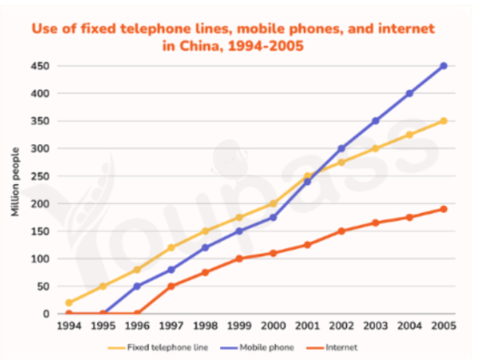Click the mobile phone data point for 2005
tap(444, 66)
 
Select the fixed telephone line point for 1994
tap(69, 302)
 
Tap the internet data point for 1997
tap(171, 286)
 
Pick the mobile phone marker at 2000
tap(273, 217)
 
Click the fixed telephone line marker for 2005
tap(444, 121)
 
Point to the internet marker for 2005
tap(444, 209)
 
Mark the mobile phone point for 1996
tap(137, 286)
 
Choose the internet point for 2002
tap(341, 231)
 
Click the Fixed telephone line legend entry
tap(158, 347)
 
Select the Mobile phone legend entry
tap(257, 347)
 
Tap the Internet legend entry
tap(332, 347)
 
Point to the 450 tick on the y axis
tap(40, 66)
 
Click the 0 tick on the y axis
tap(46, 314)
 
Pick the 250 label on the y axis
tap(40, 176)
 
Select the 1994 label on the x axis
tap(69, 326)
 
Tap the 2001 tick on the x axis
tap(307, 326)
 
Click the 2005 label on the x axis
tap(444, 326)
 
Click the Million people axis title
tap(15, 182)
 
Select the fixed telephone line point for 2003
tap(375, 149)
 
